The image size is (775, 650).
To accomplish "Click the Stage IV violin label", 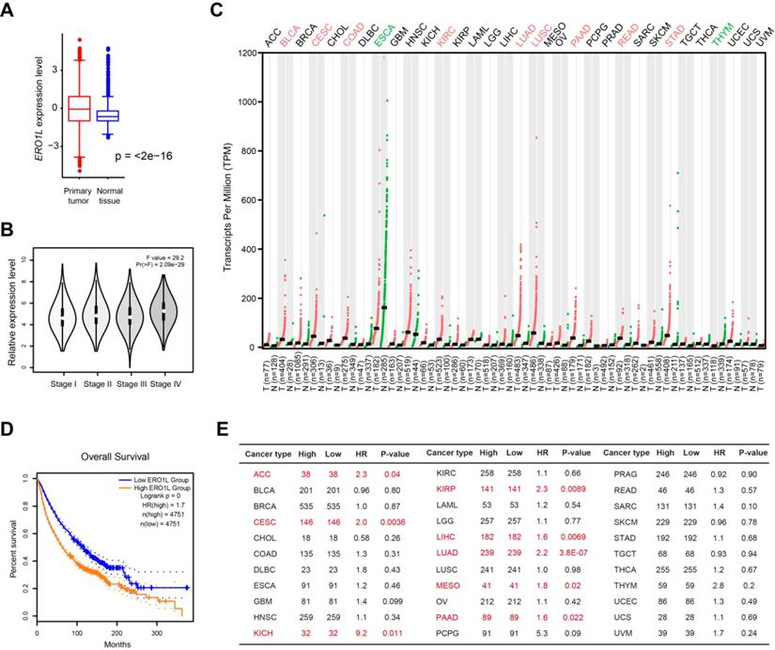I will pos(163,358).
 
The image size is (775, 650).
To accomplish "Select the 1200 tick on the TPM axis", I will pos(247,53).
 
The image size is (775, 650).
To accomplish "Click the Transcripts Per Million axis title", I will pos(227,201).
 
